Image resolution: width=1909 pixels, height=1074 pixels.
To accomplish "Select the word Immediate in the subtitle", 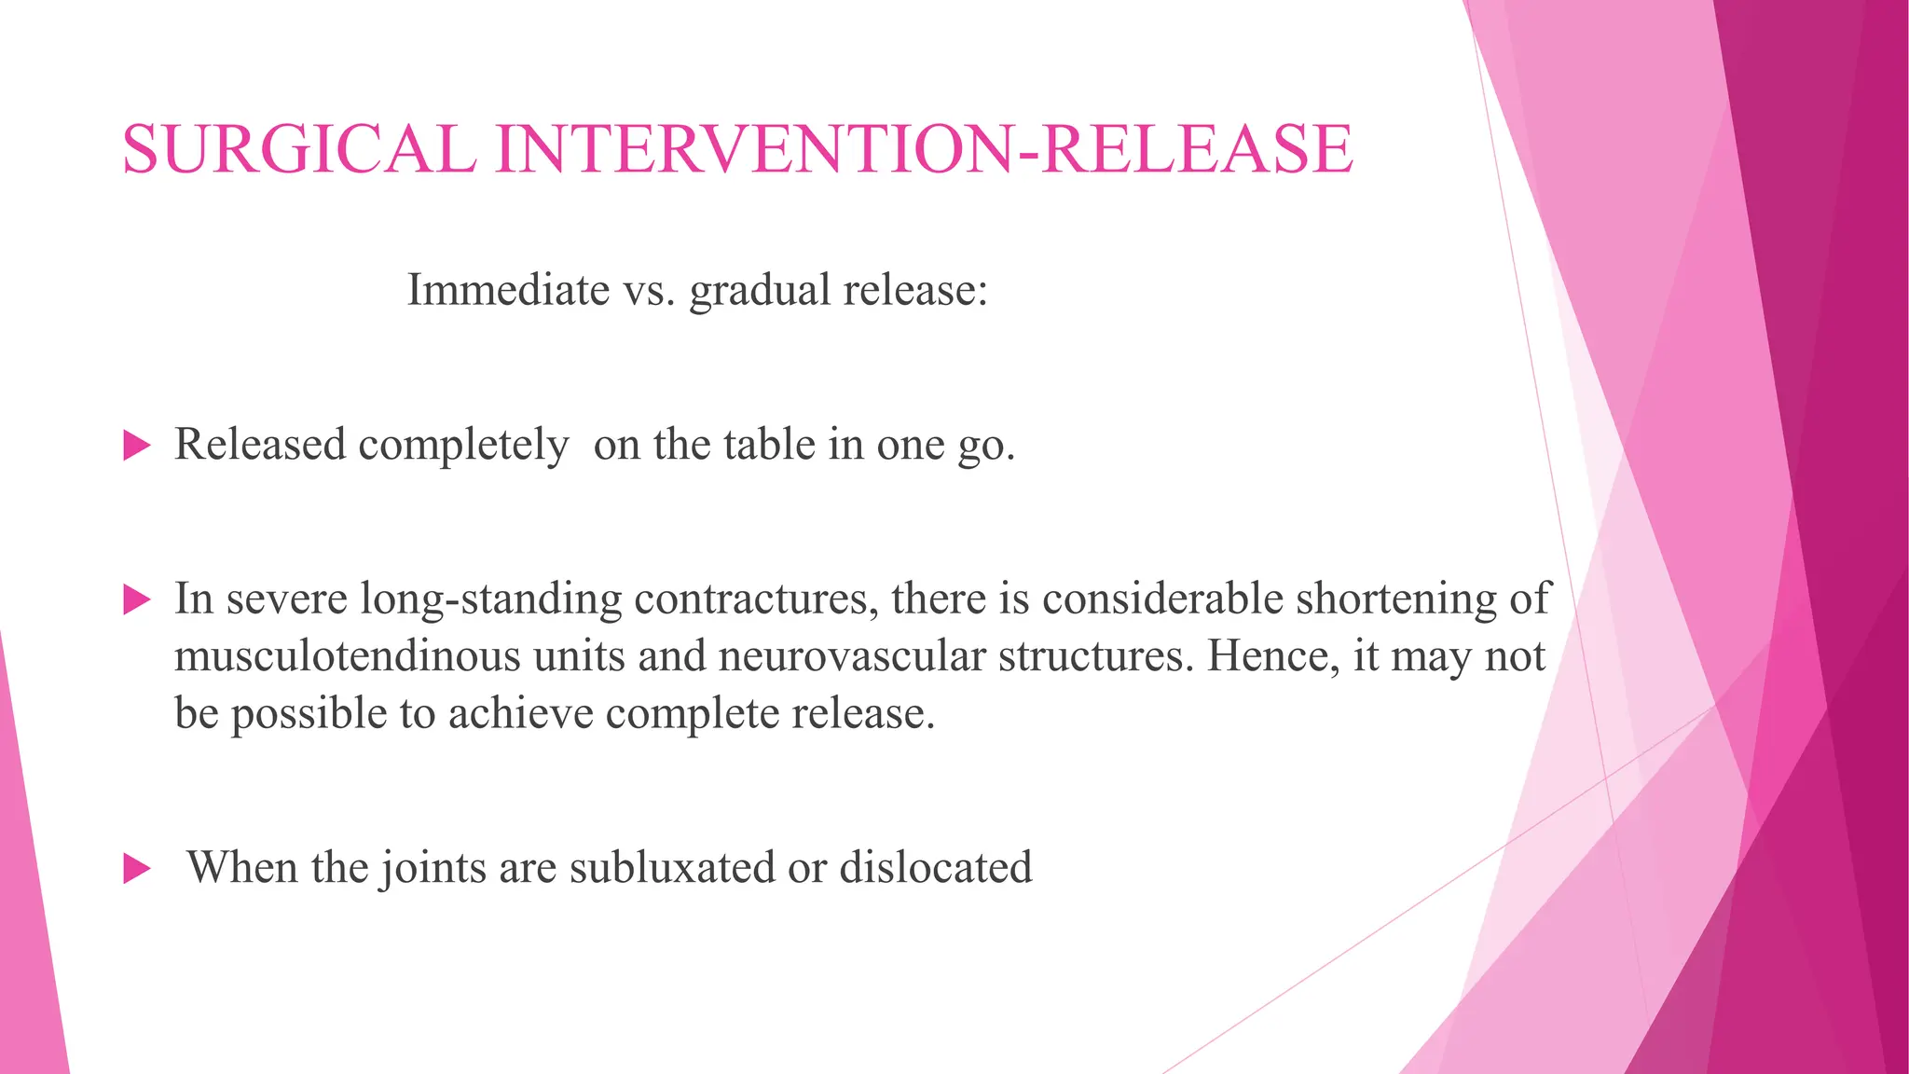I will tap(508, 290).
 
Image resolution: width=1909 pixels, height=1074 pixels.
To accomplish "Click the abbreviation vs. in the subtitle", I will tap(649, 290).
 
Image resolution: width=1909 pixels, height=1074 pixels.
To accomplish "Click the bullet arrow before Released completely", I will tap(136, 446).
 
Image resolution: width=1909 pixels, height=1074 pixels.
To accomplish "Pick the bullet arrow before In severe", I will tap(136, 599).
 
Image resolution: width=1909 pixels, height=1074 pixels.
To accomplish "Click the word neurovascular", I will tap(852, 656).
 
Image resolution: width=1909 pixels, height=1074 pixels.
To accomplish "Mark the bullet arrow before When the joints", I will tap(136, 870).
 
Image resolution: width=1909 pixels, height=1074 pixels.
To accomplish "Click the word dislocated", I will tap(936, 868).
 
